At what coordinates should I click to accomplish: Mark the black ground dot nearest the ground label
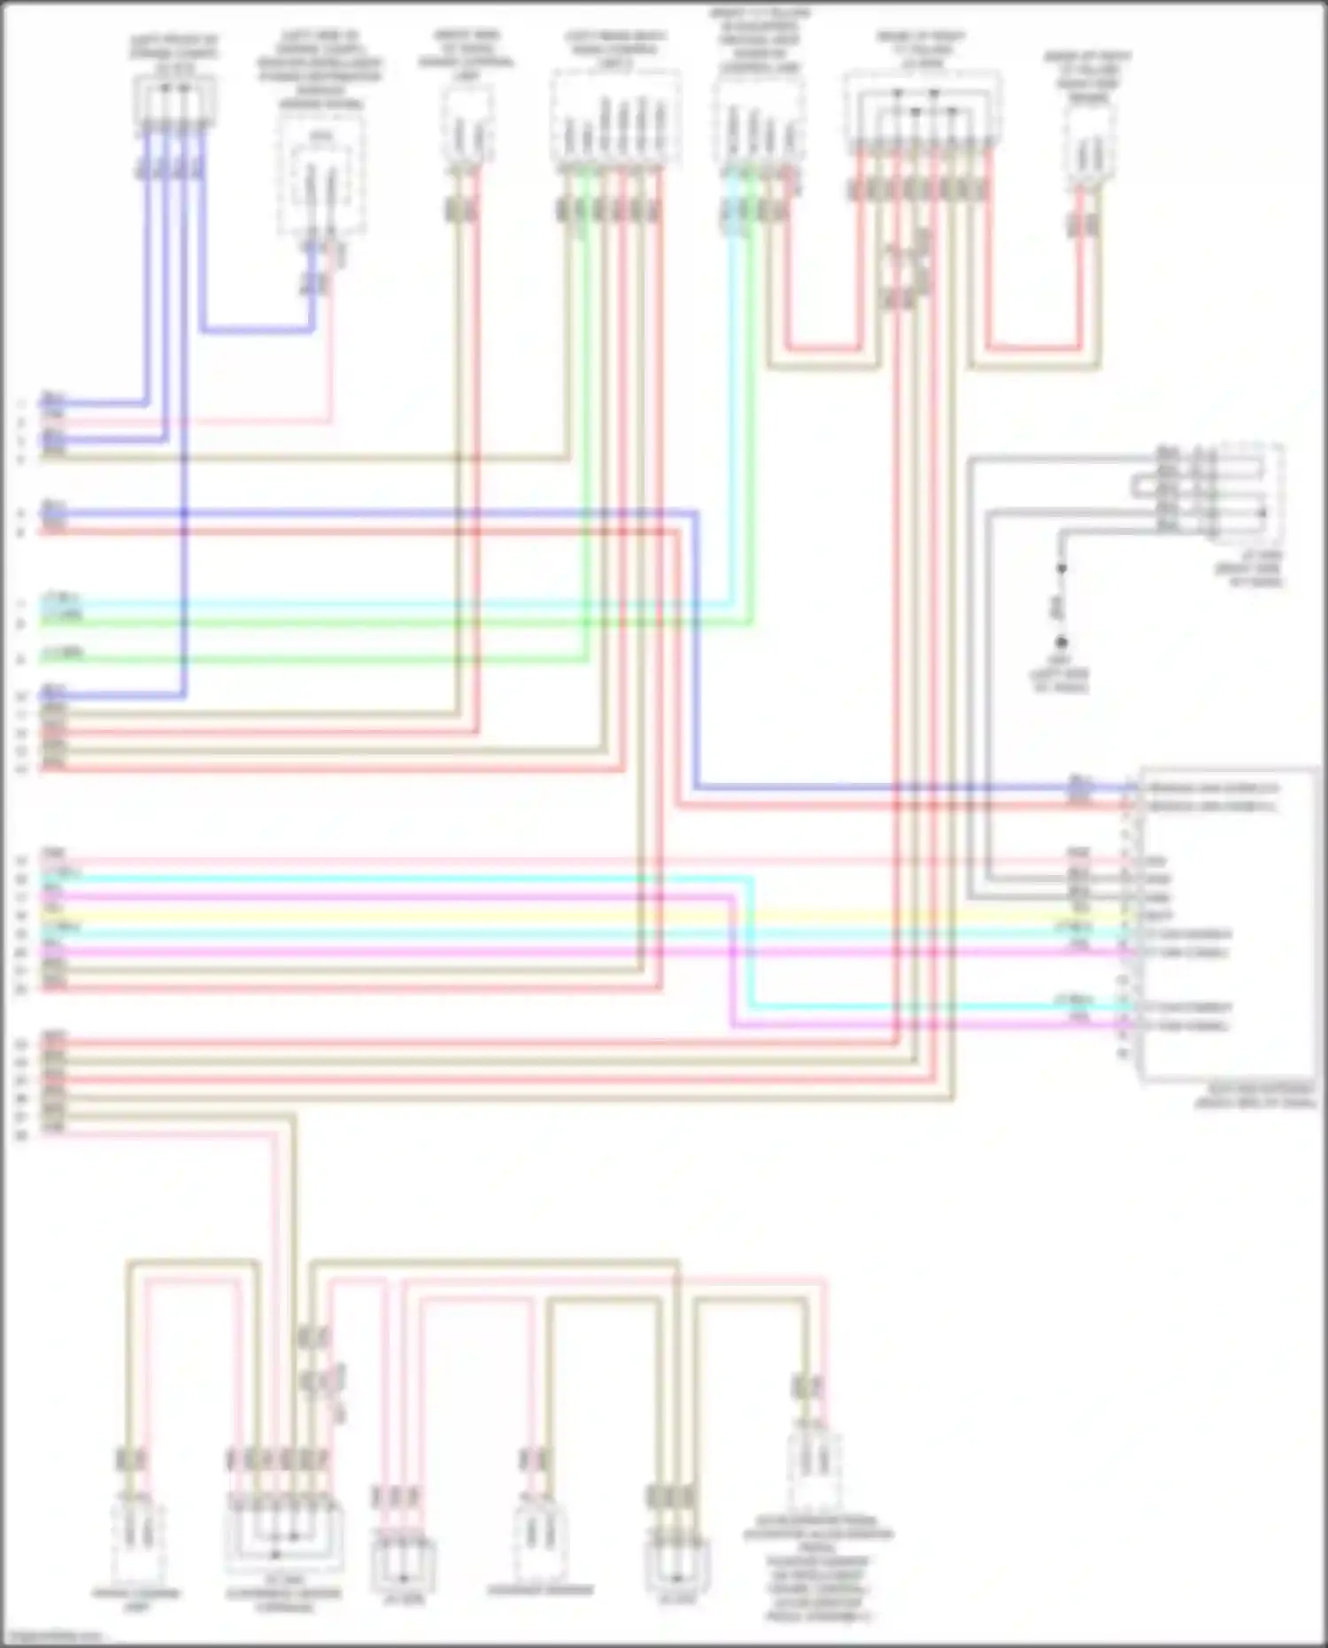pos(1061,642)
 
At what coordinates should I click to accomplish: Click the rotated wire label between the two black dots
pos(1055,606)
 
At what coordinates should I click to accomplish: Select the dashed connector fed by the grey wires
pos(1247,491)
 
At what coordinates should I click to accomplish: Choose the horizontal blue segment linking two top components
pos(257,330)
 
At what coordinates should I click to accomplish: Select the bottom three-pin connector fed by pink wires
pos(403,1566)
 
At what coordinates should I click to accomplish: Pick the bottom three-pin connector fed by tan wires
pos(676,1566)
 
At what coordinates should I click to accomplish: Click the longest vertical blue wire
pos(184,425)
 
